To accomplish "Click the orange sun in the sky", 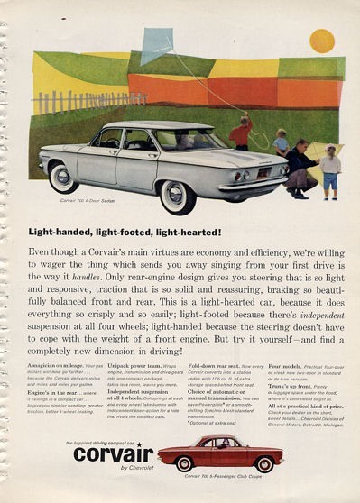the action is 322,41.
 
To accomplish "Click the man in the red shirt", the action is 241,133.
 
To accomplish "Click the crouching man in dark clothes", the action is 300,168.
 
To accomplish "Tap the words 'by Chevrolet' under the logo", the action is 113,470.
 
